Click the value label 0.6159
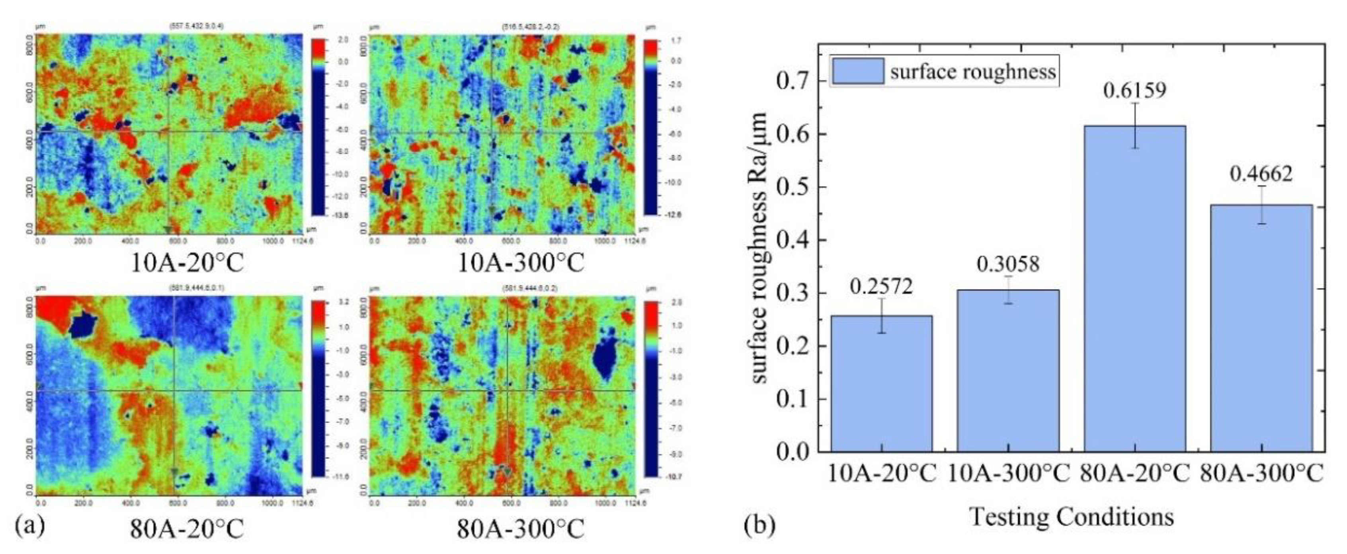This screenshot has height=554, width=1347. [1134, 90]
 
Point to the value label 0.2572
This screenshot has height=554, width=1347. [882, 286]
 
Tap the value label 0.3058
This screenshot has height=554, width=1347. [1008, 264]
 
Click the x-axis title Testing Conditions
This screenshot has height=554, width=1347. [1072, 517]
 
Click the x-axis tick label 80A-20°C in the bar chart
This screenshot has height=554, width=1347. [1136, 474]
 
